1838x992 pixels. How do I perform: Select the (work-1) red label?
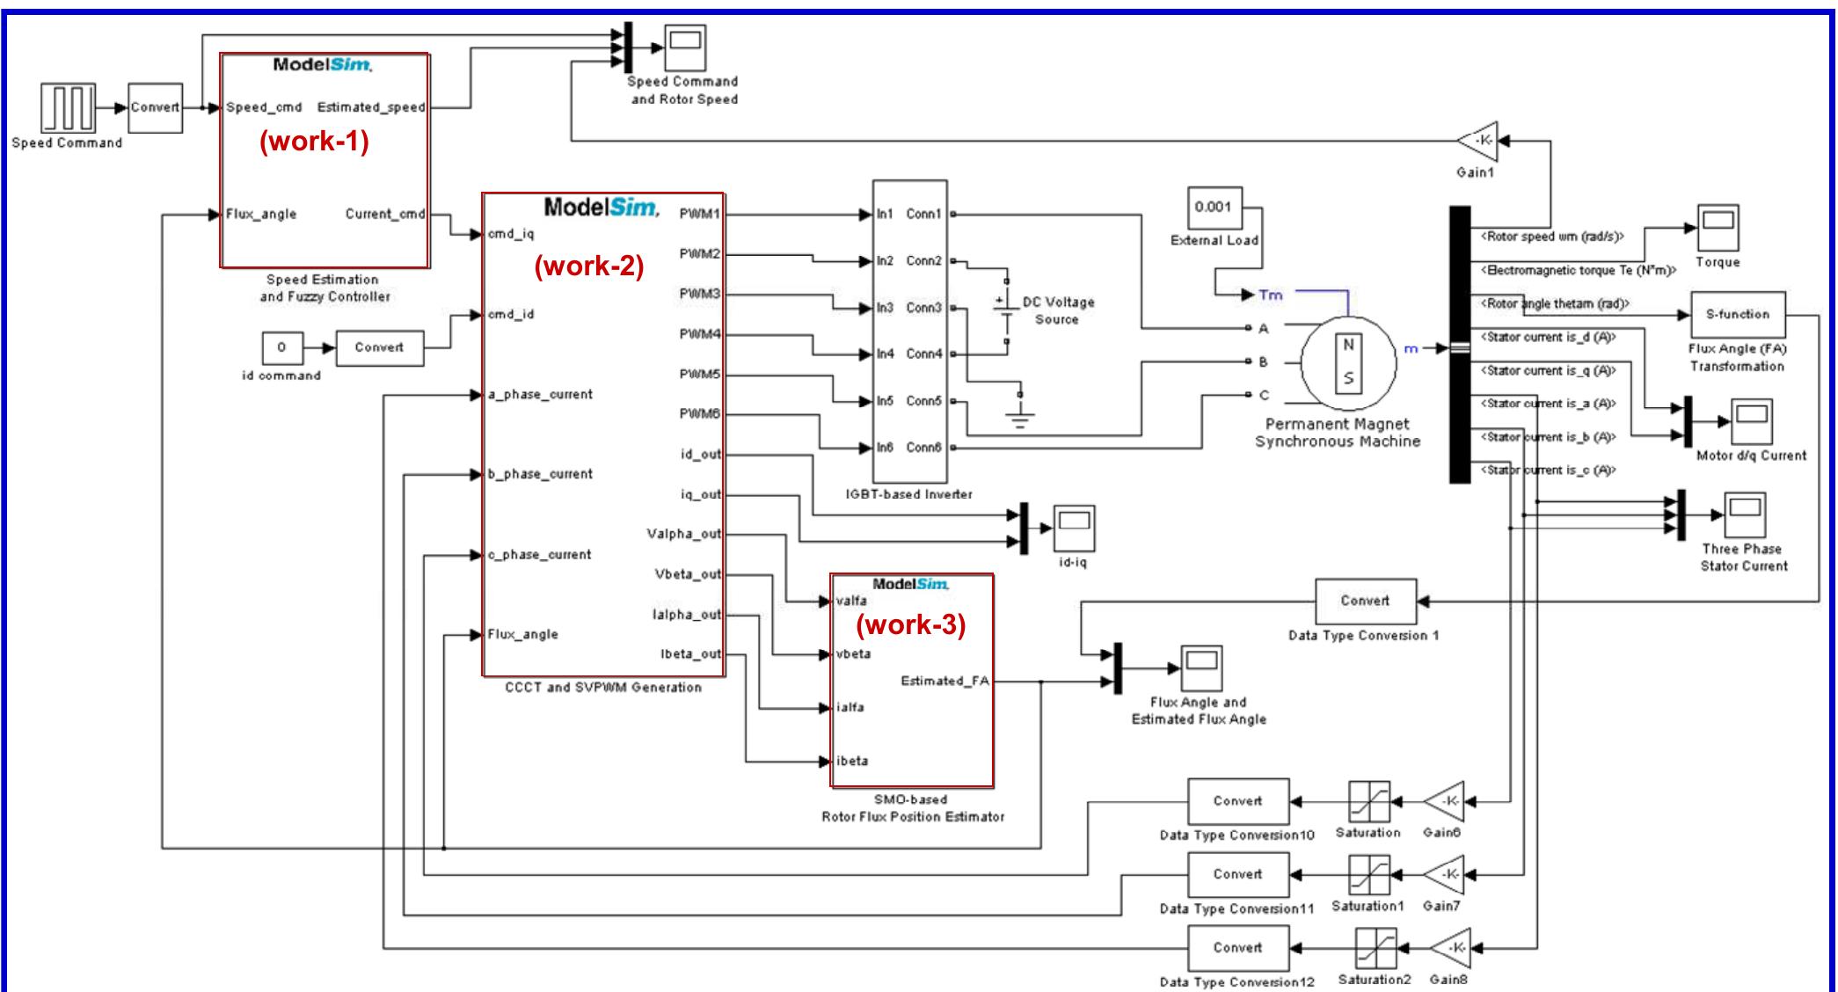coord(314,142)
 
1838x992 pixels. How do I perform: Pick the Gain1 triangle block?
coord(1477,141)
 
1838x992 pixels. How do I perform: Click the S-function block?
coord(1737,314)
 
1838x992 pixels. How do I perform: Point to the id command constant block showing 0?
coord(281,347)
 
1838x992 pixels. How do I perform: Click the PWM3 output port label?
coord(700,294)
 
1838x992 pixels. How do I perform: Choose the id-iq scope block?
coord(1073,529)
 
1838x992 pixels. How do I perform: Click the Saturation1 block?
coord(1369,875)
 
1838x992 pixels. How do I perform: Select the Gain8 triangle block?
coord(1448,948)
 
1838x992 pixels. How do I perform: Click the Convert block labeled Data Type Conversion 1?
coord(1365,601)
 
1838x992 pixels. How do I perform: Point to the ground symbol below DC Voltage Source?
coord(1020,416)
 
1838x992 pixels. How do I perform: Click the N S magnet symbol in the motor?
coord(1348,361)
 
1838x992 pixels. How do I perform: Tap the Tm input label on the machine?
coord(1271,295)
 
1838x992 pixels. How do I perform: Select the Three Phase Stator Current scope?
coord(1745,515)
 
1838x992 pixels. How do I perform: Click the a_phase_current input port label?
coord(540,394)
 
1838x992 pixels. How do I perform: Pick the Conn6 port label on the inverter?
coord(923,448)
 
